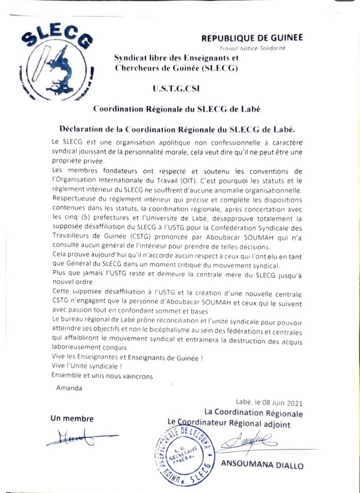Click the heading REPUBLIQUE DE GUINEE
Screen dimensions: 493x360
pyautogui.click(x=252, y=38)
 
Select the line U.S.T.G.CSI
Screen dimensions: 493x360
pyautogui.click(x=176, y=89)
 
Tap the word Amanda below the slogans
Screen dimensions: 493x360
pyautogui.click(x=69, y=388)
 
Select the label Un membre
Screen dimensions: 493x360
pyautogui.click(x=69, y=418)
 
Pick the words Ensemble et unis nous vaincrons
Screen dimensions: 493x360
pyautogui.click(x=102, y=376)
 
